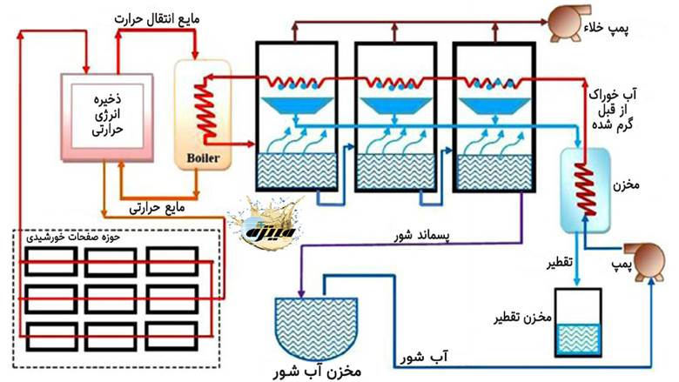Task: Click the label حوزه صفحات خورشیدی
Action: [x=64, y=236]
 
